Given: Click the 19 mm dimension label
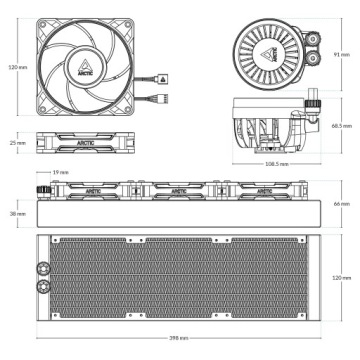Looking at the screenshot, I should tap(63, 172).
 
